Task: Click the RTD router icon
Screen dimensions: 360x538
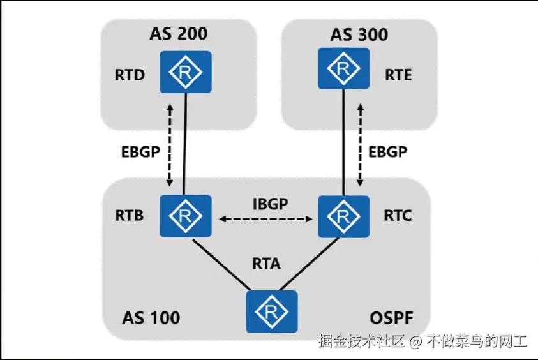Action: pos(186,72)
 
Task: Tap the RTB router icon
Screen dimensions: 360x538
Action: pos(186,216)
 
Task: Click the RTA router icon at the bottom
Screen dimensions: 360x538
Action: pos(272,311)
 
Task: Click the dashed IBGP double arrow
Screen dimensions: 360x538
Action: pos(267,220)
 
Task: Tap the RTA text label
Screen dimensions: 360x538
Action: pos(266,263)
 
